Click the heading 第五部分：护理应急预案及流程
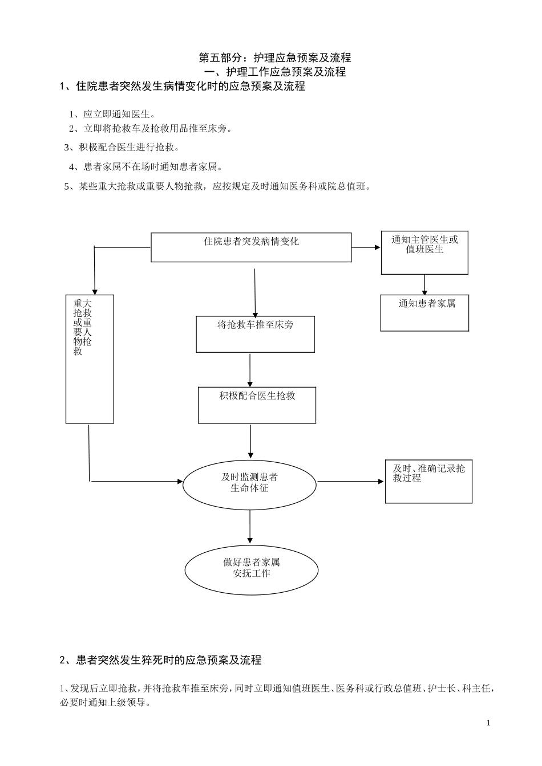pyautogui.click(x=274, y=58)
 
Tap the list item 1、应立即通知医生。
pyautogui.click(x=112, y=114)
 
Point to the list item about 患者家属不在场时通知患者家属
pyautogui.click(x=145, y=167)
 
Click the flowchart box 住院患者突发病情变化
pyautogui.click(x=251, y=247)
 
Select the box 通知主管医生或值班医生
pyautogui.click(x=424, y=252)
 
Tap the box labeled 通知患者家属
pyautogui.click(x=424, y=312)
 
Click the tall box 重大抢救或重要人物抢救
pyautogui.click(x=90, y=358)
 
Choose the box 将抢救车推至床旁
pyautogui.click(x=255, y=334)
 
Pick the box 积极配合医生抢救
pyautogui.click(x=257, y=405)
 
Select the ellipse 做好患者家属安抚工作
pyautogui.click(x=251, y=569)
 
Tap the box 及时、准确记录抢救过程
pyautogui.click(x=428, y=481)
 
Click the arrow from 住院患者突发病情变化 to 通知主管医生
pyautogui.click(x=366, y=247)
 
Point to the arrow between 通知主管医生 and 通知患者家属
pyautogui.click(x=424, y=284)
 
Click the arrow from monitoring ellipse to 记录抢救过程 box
pyautogui.click(x=350, y=482)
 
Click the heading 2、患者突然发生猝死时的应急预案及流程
pyautogui.click(x=160, y=660)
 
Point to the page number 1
pyautogui.click(x=488, y=723)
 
